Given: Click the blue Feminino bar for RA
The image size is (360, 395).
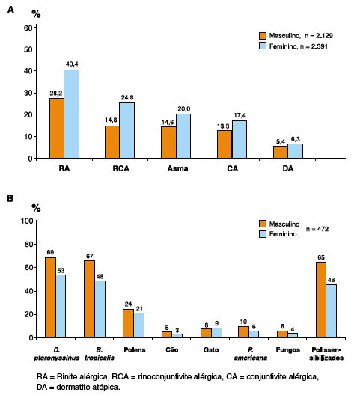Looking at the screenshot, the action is coord(71,114).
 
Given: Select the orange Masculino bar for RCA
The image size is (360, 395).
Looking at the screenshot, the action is coord(112,142).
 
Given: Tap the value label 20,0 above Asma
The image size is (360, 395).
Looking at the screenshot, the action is coord(184,109).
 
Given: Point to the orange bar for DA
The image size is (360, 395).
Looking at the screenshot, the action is coord(281,152).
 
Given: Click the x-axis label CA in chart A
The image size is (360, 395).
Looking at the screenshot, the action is coord(232,168).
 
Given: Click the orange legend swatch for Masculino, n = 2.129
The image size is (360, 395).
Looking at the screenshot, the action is coord(263,36).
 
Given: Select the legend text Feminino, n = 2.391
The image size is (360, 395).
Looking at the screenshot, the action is coord(299,46).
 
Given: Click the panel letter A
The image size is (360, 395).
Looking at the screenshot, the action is coord(10,10).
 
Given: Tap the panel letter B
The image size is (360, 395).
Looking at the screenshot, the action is coord(10,198).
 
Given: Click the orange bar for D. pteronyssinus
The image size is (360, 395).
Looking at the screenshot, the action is coord(50,298).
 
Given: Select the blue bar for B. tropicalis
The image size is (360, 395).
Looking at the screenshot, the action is coord(100,309).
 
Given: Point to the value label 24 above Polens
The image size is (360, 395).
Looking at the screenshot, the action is coord(128,304).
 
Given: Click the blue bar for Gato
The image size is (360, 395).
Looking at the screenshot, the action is coord(216,333).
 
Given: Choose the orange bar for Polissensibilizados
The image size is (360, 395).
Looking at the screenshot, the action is coord(321,300).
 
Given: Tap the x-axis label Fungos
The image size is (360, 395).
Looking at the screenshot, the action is coord(288,350).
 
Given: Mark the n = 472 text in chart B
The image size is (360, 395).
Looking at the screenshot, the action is coord(317,229).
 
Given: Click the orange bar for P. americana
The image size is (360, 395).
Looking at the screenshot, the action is coord(243,332).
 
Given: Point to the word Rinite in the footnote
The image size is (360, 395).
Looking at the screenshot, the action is coord(67,376).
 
